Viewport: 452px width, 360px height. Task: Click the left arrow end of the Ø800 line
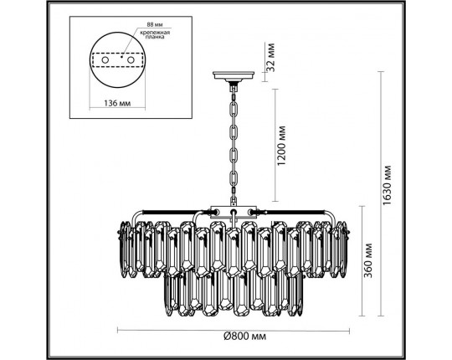116,327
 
